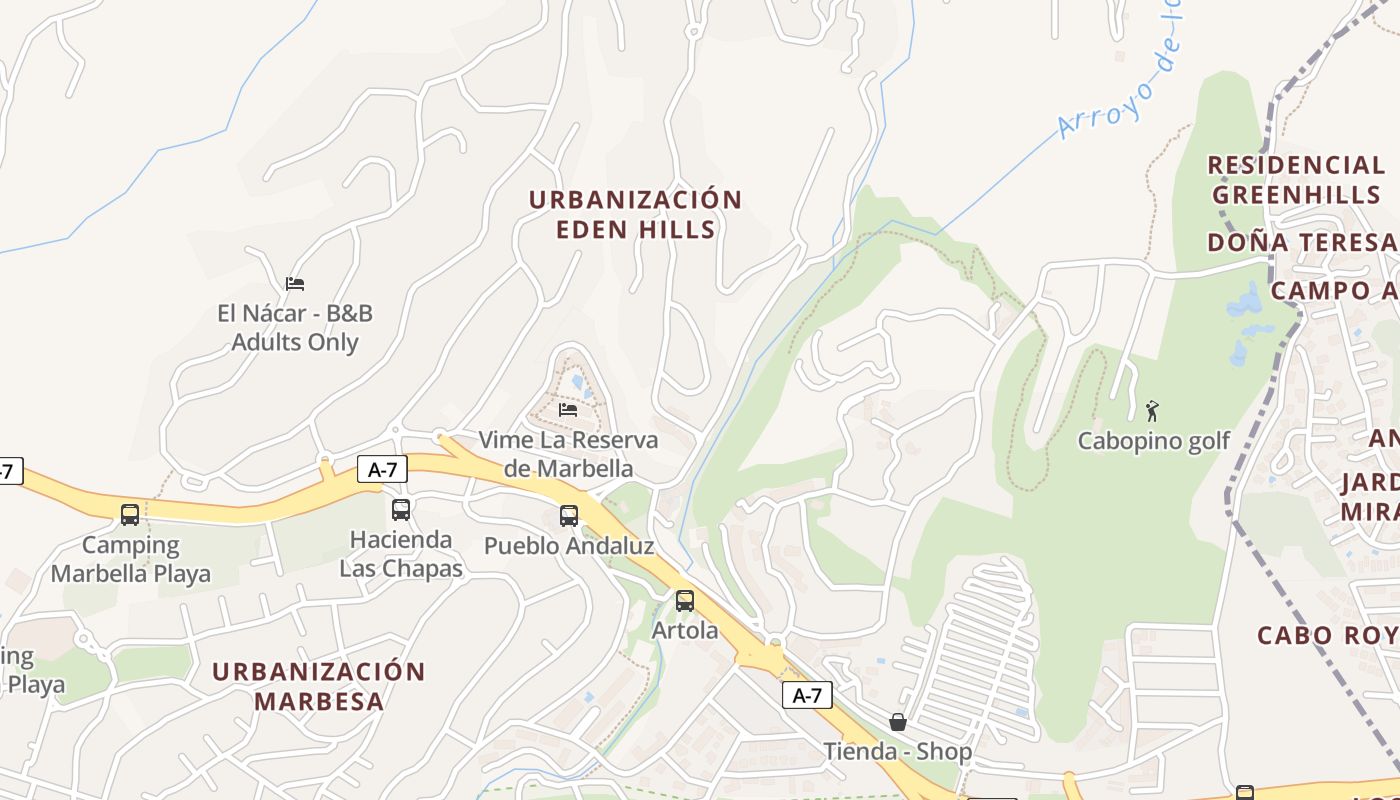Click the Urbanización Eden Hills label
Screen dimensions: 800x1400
[x=635, y=214]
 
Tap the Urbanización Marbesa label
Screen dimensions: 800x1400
[x=318, y=685]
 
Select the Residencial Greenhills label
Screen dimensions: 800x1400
[x=1295, y=179]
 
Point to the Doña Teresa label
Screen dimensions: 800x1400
[x=1301, y=242]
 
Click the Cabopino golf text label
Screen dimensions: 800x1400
[x=1153, y=441]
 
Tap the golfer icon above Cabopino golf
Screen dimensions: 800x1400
[x=1152, y=410]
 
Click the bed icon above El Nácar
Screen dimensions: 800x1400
[x=294, y=284]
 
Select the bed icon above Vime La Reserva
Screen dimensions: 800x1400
[x=568, y=410]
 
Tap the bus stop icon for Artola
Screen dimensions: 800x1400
[x=685, y=601]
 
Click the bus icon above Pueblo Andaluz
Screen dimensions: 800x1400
[x=569, y=516]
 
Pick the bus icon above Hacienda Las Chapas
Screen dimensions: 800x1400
[x=401, y=510]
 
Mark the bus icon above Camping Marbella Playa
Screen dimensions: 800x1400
[x=130, y=515]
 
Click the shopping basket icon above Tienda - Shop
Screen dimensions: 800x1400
[x=898, y=722]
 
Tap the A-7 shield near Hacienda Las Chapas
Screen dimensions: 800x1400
[x=382, y=469]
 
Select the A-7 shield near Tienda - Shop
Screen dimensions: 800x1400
[x=806, y=695]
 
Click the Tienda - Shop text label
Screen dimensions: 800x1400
[x=897, y=751]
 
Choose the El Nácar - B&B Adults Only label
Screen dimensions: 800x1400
[x=295, y=328]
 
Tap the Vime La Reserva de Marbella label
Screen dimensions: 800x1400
[x=568, y=454]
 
